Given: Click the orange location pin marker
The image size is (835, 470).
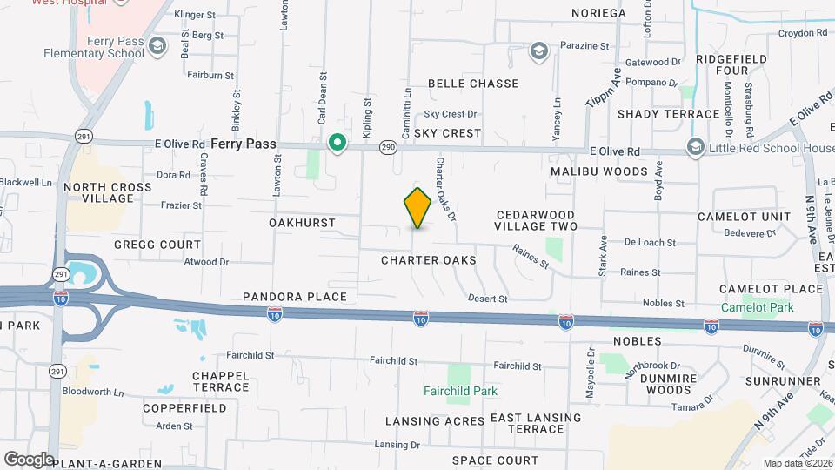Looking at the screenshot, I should [417, 208].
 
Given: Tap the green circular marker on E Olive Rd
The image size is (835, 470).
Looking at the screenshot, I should [337, 142].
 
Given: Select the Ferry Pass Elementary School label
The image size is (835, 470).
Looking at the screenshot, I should [94, 47].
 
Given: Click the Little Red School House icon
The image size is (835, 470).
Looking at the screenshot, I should [695, 146].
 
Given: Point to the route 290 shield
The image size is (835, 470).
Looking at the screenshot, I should [388, 149].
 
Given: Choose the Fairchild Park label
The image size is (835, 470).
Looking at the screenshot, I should [461, 391].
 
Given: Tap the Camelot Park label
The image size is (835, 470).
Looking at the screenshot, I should [757, 307].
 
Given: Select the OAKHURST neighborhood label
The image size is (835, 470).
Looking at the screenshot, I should [302, 223].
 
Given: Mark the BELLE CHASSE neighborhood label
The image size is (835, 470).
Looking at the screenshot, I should [473, 84].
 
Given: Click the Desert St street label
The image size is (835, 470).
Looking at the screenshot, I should [488, 299].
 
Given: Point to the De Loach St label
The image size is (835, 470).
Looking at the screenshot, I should [650, 243].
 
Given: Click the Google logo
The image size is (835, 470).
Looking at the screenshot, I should [29, 459].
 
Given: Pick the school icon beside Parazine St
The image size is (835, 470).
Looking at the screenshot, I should [539, 50].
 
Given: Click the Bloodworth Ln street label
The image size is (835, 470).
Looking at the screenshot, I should [92, 391].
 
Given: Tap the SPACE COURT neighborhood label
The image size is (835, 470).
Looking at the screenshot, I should [495, 460].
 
